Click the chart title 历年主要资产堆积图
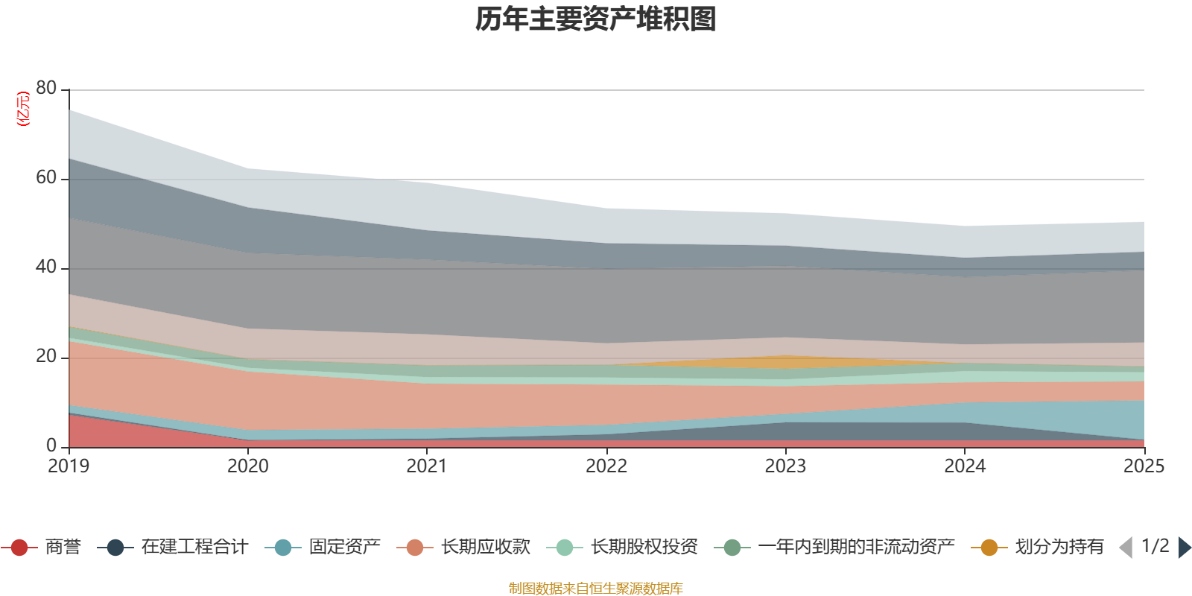coord(596,19)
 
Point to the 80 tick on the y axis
coord(46,89)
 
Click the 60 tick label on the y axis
coord(46,178)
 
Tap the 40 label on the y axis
coord(46,267)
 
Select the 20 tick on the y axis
coord(46,357)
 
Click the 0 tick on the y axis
coord(51,446)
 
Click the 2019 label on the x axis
coord(69,466)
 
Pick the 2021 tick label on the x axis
coord(427,466)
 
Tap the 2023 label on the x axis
coord(785,466)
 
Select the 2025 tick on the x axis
coord(1143,466)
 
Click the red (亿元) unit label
coord(23,109)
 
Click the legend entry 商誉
coord(63,548)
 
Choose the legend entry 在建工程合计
coord(194,548)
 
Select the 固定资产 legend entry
coord(344,548)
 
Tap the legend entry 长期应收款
coord(485,548)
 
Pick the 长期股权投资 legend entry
coord(644,548)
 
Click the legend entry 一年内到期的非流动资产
coord(856,548)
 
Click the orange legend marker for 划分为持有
coord(989,548)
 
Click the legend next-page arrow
coord(1184,548)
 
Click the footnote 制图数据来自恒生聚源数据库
coord(596,589)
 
